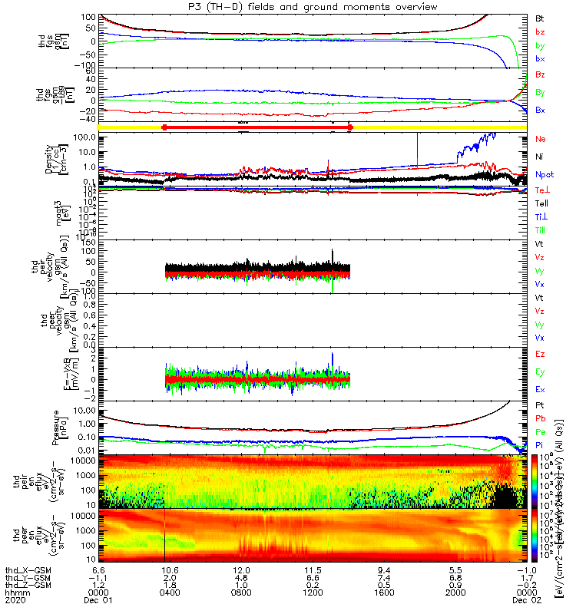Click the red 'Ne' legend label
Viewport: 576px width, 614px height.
click(541, 139)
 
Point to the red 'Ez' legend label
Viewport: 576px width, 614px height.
click(541, 354)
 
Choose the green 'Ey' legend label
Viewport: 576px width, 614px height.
click(541, 371)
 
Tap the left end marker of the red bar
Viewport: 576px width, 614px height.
click(164, 127)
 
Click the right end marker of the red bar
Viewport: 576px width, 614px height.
click(349, 127)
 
